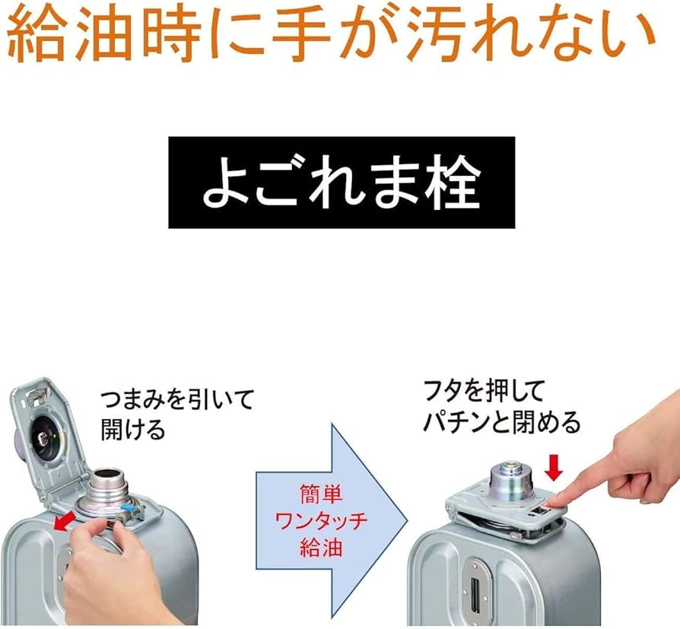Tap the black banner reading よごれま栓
[x=341, y=183]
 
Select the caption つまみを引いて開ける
[x=176, y=414]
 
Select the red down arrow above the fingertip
[x=553, y=468]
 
